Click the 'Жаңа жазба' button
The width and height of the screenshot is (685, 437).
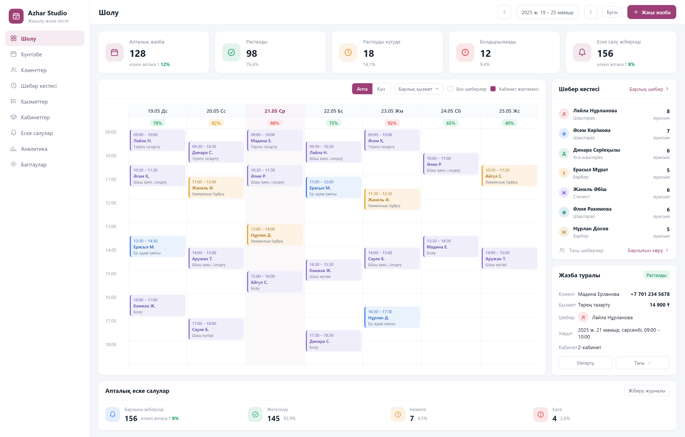pos(651,12)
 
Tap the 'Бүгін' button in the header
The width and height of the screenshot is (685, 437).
pos(612,12)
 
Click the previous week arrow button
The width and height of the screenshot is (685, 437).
pos(504,12)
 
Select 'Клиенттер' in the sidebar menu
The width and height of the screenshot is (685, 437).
pos(34,70)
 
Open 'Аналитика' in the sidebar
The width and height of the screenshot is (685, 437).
pos(34,149)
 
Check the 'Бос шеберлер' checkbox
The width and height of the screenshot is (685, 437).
pos(450,89)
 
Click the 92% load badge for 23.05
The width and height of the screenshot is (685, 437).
pos(392,123)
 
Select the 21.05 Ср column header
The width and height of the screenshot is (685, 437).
pos(275,111)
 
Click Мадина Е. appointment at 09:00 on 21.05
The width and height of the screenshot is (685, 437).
pos(275,140)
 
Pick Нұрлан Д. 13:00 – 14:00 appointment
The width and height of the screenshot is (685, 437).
pos(275,235)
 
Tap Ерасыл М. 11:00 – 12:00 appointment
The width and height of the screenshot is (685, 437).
pos(333,187)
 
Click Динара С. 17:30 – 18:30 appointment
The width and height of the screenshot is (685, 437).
pos(333,341)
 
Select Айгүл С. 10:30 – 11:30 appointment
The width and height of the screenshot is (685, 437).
pos(509,176)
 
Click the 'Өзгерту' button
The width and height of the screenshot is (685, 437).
pos(585,363)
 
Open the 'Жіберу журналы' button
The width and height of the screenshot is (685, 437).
pos(647,391)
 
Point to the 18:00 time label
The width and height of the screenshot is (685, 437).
pos(111,345)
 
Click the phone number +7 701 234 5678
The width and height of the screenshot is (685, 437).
pos(650,294)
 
